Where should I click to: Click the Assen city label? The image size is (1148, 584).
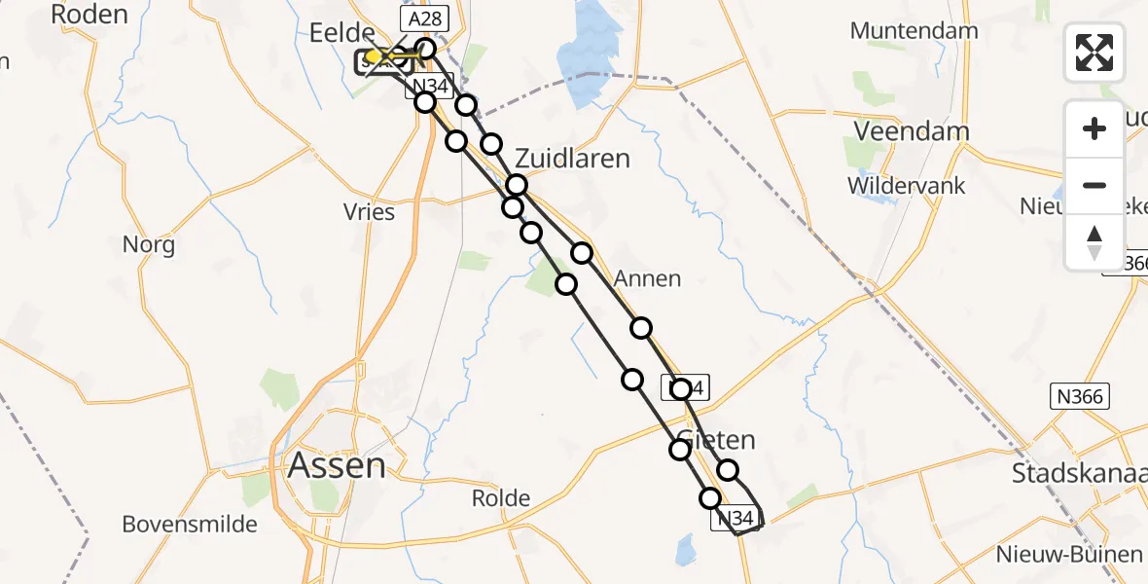[337, 466]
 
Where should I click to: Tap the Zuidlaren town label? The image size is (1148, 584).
[572, 159]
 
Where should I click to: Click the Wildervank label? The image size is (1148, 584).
[906, 185]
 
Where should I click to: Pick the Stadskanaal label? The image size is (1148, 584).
[1079, 474]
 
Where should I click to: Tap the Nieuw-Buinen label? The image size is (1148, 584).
[1068, 555]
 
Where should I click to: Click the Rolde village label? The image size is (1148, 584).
[500, 499]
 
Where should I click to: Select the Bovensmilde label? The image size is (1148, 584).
[190, 525]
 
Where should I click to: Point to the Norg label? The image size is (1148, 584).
[149, 244]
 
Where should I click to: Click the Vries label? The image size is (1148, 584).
[369, 211]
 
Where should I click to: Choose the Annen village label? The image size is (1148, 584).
[647, 279]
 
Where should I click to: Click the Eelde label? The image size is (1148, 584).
[341, 33]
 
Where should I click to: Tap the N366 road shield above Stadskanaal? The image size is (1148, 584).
[1080, 396]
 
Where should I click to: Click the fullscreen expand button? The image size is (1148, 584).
[1094, 52]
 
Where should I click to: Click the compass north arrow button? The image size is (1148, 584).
[1094, 242]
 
